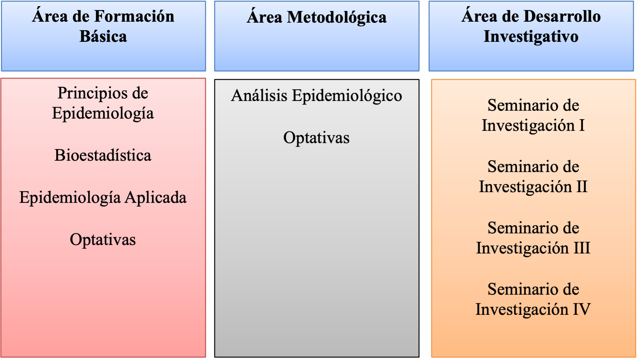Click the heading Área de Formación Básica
[x=103, y=26]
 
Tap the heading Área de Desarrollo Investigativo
[x=531, y=26]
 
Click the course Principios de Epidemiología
[x=103, y=103]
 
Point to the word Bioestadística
[x=103, y=155]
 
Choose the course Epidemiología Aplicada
[x=103, y=198]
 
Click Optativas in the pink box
[x=103, y=240]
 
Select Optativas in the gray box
[x=316, y=138]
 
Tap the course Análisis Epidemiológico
[x=316, y=96]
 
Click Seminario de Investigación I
[x=533, y=115]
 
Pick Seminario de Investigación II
[x=533, y=177]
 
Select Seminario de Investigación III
[x=533, y=238]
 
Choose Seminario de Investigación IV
[x=533, y=299]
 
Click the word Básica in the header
[x=103, y=36]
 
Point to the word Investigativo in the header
[x=531, y=36]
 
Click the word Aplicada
[x=156, y=198]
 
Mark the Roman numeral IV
[x=582, y=309]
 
